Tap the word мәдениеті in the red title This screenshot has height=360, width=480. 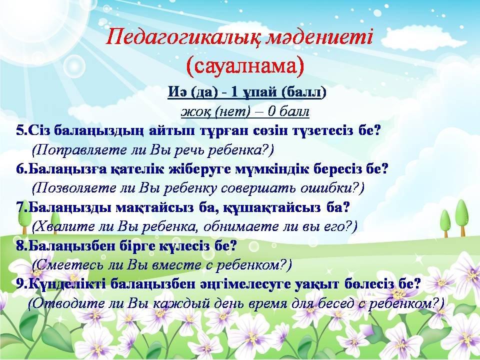(x=320, y=37)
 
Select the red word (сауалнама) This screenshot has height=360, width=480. (x=244, y=65)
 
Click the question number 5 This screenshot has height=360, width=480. (x=20, y=130)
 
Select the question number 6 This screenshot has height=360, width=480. (x=20, y=169)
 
